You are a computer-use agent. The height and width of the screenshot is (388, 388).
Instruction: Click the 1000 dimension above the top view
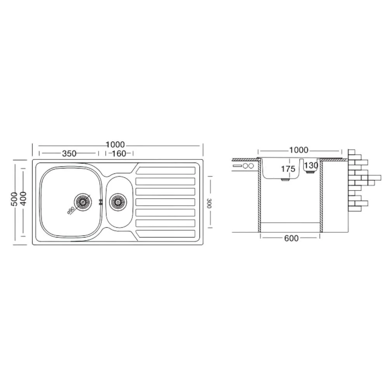click(x=115, y=144)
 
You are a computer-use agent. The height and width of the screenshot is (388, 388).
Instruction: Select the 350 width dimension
click(x=69, y=154)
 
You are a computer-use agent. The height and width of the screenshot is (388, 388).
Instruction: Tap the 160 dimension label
click(x=119, y=154)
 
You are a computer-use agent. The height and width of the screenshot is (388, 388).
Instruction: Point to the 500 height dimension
click(x=15, y=199)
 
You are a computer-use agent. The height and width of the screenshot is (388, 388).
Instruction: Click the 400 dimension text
click(x=23, y=198)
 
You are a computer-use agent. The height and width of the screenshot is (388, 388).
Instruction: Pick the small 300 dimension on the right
click(x=209, y=203)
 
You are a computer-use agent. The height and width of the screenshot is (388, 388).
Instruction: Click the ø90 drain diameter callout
click(x=71, y=210)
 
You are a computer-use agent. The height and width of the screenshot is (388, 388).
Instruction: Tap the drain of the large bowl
click(x=82, y=202)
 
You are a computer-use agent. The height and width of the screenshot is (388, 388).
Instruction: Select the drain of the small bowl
click(x=118, y=202)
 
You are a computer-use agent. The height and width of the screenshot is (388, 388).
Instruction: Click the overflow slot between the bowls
click(x=100, y=202)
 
